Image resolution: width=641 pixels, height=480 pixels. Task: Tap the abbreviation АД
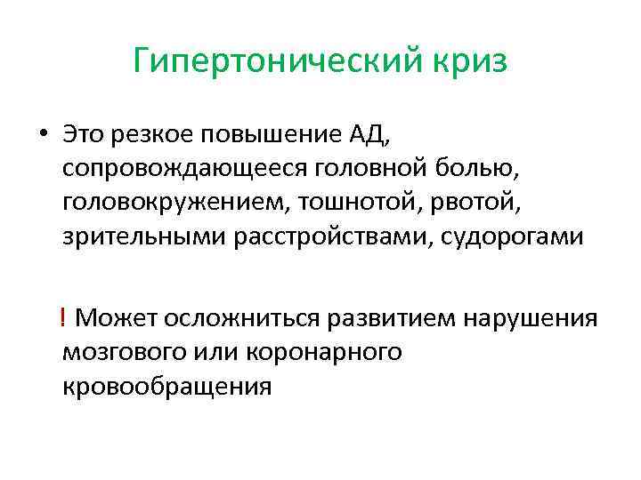(367, 136)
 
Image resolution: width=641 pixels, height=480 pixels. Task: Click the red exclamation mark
(65, 317)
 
